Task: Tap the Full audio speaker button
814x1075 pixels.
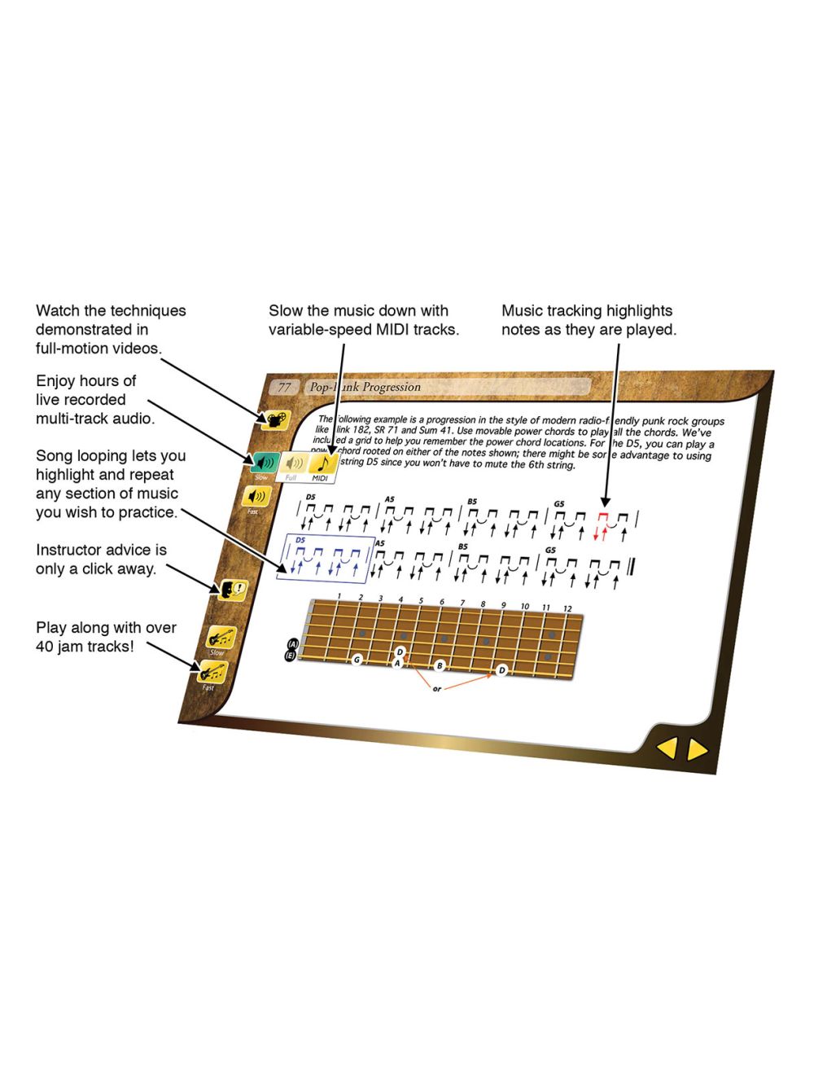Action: click(294, 465)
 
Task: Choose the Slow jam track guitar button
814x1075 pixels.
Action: click(219, 637)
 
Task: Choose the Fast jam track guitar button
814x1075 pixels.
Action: click(212, 673)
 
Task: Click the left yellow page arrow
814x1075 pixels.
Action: click(667, 748)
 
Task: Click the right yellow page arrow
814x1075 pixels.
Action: click(697, 750)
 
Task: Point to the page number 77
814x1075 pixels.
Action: click(284, 387)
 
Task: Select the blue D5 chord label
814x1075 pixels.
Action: click(300, 540)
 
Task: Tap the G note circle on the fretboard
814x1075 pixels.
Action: click(357, 659)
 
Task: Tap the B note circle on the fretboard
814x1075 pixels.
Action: click(440, 665)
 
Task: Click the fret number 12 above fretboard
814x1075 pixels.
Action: click(567, 608)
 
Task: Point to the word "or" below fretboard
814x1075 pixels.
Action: click(437, 689)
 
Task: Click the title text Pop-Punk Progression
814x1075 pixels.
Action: click(365, 387)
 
